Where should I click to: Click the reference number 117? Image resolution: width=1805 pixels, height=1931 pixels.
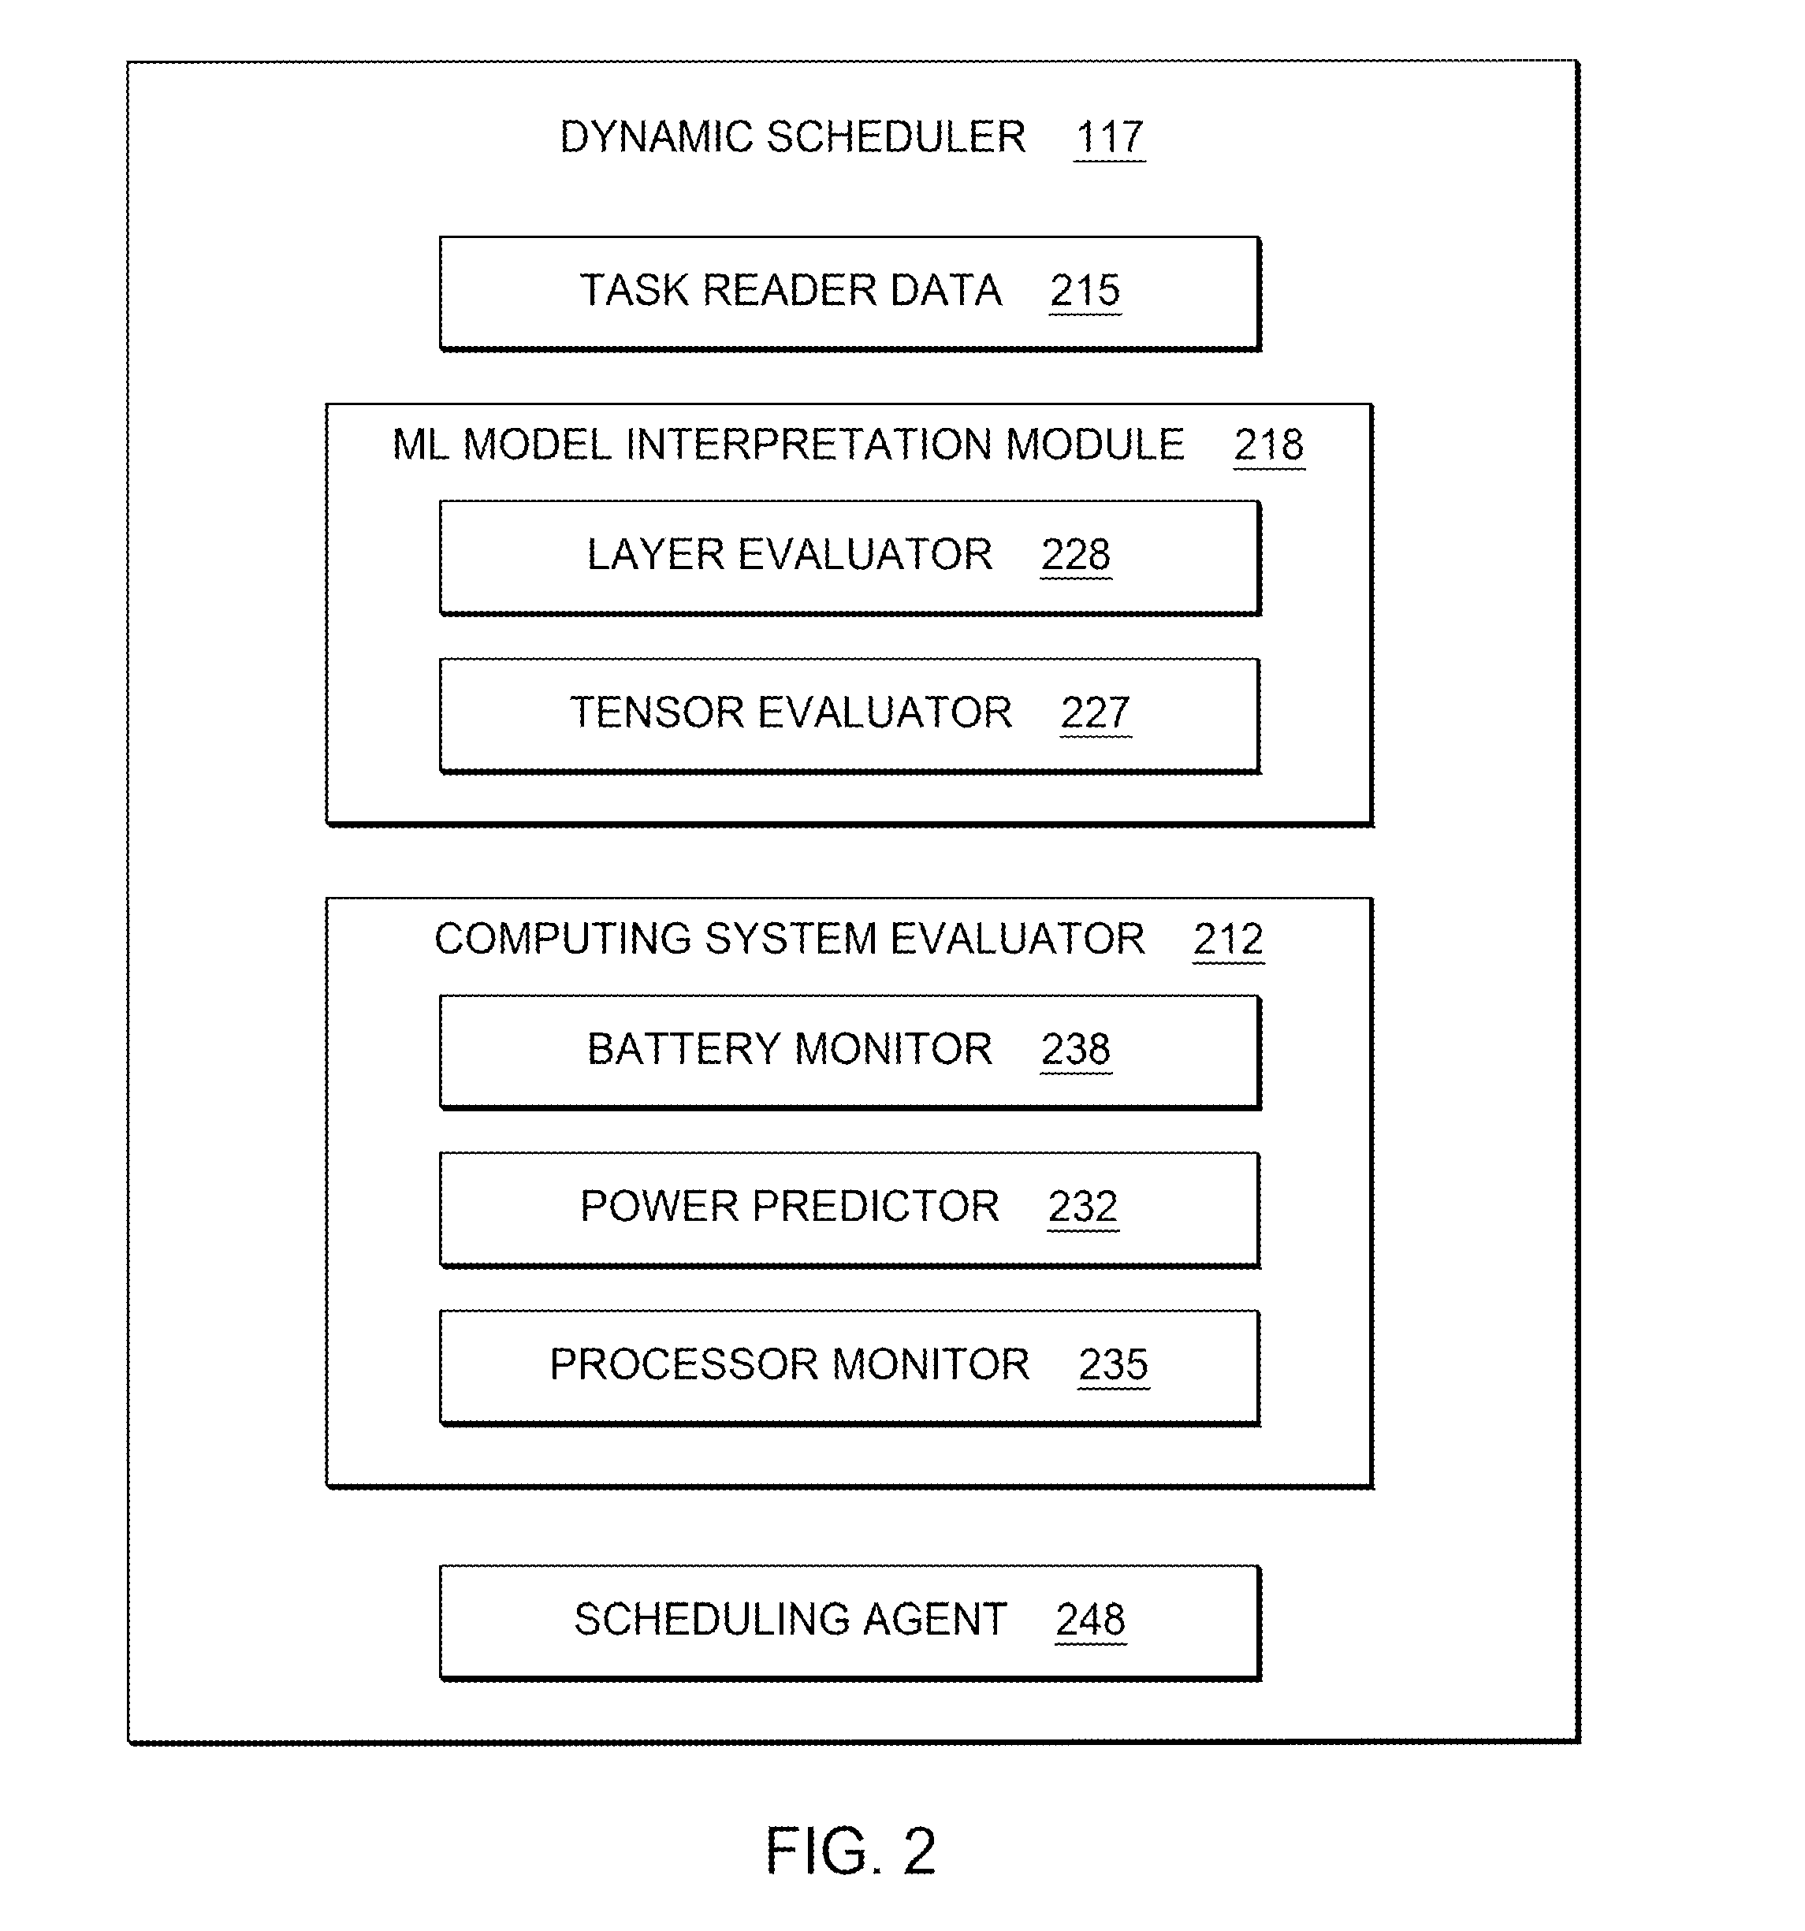(1110, 137)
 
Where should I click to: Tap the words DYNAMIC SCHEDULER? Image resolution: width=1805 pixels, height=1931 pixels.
(793, 137)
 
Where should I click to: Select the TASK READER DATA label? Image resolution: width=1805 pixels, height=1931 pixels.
(791, 290)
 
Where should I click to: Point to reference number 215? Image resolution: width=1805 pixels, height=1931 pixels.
(1085, 290)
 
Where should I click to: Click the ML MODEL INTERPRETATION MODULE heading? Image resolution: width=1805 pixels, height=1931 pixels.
(788, 445)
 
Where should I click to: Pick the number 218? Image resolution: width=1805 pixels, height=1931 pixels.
(1269, 445)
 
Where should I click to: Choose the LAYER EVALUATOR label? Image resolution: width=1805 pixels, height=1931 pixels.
(790, 555)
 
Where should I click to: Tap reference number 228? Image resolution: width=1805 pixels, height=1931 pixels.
(1075, 555)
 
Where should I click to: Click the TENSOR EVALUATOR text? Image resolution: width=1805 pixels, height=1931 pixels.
(791, 712)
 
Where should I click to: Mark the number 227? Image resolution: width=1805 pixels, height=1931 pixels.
(1095, 712)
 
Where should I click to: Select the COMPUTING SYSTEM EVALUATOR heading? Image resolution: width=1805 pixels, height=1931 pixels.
(790, 938)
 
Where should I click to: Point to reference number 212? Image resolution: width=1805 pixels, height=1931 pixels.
(1228, 938)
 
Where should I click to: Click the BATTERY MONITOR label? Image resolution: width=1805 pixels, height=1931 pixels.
(790, 1049)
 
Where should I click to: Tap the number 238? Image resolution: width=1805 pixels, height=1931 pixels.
(1075, 1049)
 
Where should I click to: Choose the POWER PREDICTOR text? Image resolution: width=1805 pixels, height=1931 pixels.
(790, 1207)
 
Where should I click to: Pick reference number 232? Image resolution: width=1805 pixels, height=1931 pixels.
(1083, 1207)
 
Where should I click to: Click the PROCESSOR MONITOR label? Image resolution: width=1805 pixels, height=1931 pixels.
(790, 1364)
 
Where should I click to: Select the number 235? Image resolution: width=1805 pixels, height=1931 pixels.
(1113, 1364)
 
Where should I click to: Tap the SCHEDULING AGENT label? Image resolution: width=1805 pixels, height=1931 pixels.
(790, 1619)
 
